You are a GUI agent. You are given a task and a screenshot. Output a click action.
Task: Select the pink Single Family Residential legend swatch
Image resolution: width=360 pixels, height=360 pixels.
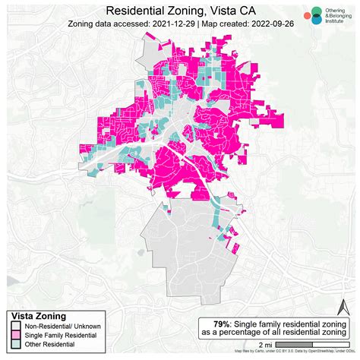(15, 335)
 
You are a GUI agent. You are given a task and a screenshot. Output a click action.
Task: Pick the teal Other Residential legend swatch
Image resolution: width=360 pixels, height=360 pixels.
(15, 344)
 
